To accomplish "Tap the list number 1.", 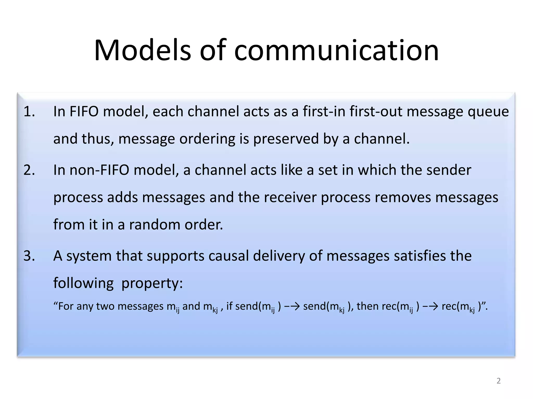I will pyautogui.click(x=29, y=111).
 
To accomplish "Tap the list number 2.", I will pyautogui.click(x=29, y=170).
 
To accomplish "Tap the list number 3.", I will pyautogui.click(x=29, y=256).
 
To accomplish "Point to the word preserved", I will pyautogui.click(x=286, y=139).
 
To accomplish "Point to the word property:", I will pyautogui.click(x=152, y=283).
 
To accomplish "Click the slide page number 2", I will pyautogui.click(x=498, y=381).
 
